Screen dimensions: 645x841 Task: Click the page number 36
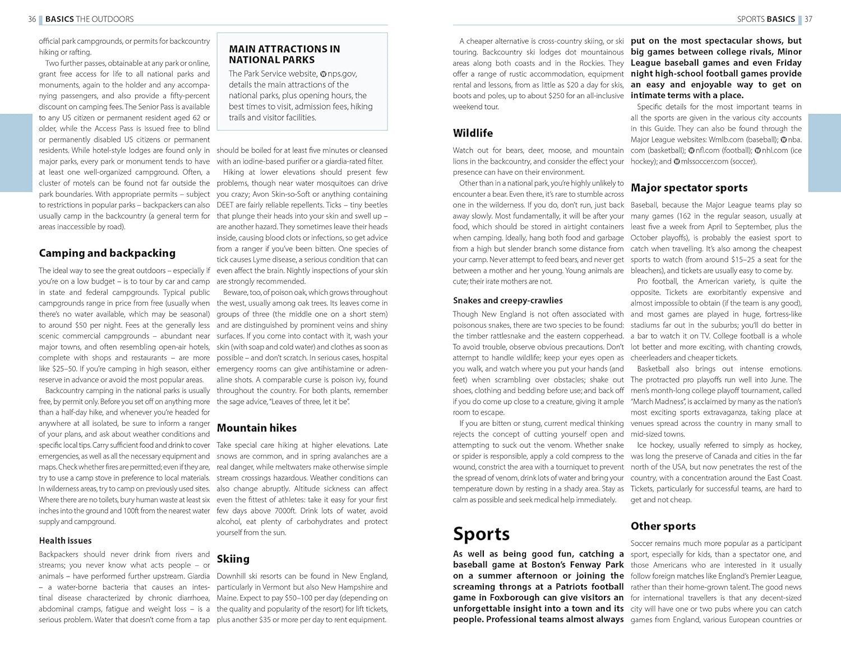click(x=32, y=19)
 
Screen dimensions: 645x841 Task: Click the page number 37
click(x=808, y=19)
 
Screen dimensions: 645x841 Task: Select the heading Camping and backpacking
click(x=107, y=253)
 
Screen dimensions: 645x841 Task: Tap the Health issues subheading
click(x=65, y=541)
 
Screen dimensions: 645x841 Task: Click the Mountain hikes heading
click(x=257, y=428)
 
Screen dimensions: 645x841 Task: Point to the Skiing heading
click(x=233, y=559)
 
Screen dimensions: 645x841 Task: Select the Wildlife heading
click(x=473, y=133)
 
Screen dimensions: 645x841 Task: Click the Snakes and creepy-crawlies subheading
click(x=507, y=300)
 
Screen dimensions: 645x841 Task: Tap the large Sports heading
click(x=481, y=533)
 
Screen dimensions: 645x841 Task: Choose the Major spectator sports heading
click(x=689, y=188)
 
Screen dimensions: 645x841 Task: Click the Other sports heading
click(x=663, y=526)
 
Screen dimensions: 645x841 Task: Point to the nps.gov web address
click(x=341, y=74)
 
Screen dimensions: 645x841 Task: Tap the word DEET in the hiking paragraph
click(x=225, y=205)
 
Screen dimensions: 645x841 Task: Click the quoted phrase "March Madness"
click(x=658, y=402)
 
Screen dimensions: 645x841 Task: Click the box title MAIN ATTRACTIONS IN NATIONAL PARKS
click(x=284, y=54)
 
